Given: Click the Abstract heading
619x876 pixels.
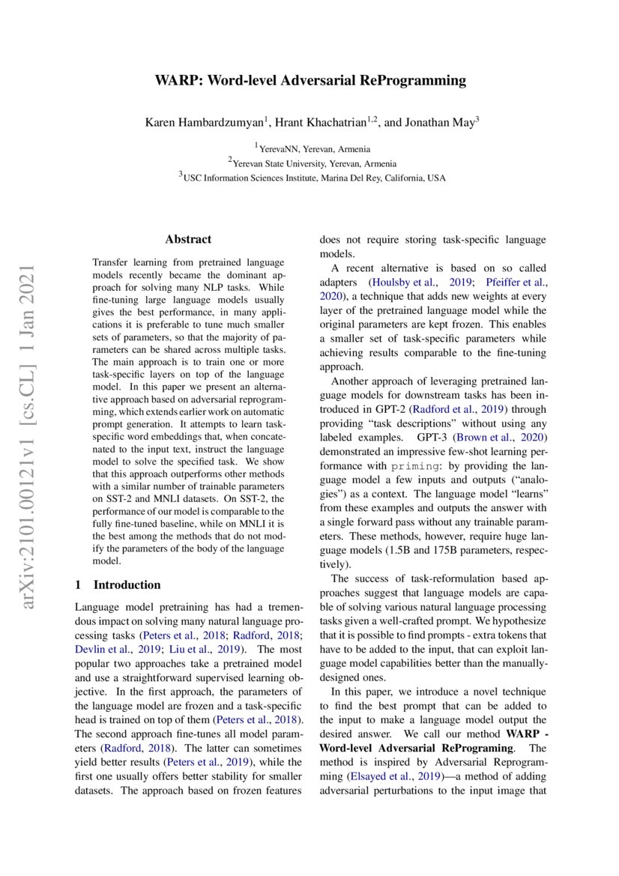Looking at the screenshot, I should (x=188, y=240).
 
